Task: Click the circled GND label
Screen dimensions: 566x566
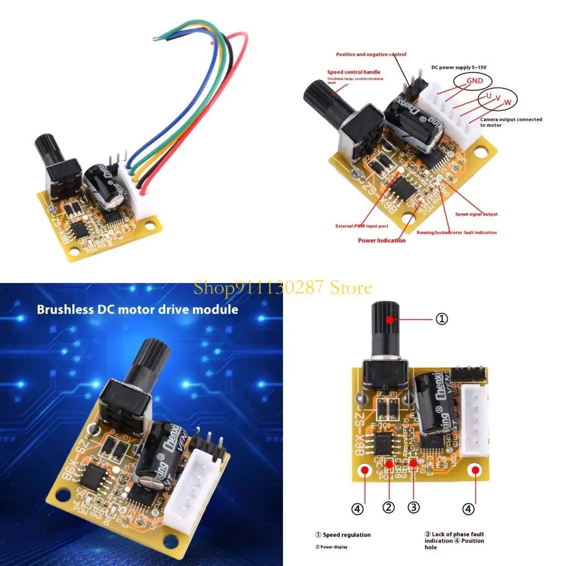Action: tap(474, 81)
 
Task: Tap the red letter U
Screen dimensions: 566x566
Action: tap(488, 95)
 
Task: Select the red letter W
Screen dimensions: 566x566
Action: tap(507, 102)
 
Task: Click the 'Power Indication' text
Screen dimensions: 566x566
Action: tap(381, 240)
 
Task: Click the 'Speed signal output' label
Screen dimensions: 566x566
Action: tap(476, 214)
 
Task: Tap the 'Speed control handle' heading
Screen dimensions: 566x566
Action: tap(354, 72)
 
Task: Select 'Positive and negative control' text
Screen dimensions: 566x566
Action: tap(371, 54)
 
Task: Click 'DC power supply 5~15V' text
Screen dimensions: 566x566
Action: tap(458, 67)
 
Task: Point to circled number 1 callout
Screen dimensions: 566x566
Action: tap(442, 319)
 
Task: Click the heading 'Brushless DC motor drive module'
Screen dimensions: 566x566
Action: tap(138, 309)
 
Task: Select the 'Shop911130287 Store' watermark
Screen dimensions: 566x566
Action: tap(282, 287)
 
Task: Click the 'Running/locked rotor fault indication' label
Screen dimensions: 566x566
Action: tap(457, 232)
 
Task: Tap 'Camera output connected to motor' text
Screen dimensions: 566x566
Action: tap(511, 122)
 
